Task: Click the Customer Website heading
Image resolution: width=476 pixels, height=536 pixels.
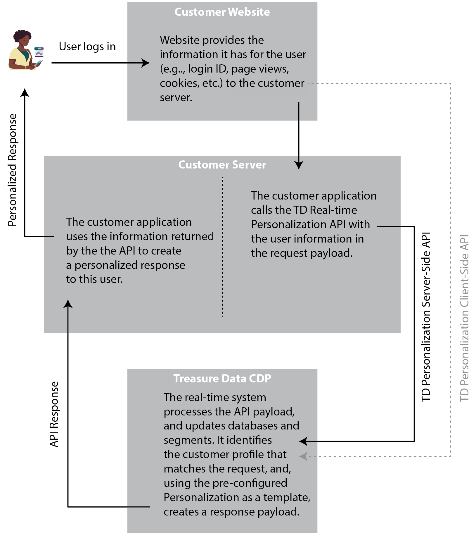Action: pos(222,12)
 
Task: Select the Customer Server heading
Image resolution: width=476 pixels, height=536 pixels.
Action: pos(222,165)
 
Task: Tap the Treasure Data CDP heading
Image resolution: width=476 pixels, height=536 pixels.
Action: pos(222,378)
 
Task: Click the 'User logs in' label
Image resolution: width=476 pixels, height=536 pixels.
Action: pos(87,47)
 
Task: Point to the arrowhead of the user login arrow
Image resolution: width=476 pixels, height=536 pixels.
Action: pos(146,63)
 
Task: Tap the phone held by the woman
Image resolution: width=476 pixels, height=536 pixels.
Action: pos(39,62)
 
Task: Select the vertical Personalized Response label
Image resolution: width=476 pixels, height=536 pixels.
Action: pos(12,170)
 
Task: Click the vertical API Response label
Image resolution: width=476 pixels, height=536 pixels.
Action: pos(54,414)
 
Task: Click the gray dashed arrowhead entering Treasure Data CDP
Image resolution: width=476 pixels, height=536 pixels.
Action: pos(303,456)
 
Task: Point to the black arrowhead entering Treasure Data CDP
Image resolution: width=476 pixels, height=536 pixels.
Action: pos(303,441)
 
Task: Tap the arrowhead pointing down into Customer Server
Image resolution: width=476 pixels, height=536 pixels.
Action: pos(299,166)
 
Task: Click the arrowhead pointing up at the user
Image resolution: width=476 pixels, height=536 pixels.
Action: pos(25,92)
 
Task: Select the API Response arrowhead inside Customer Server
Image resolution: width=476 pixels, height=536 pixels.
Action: pos(68,304)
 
